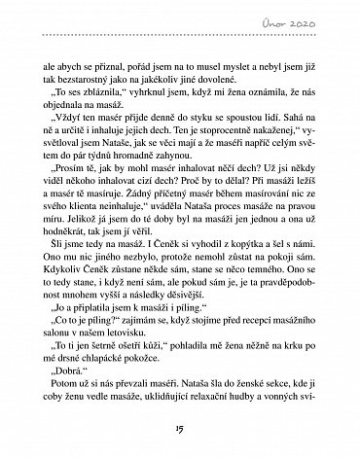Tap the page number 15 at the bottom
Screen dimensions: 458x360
pos(180,433)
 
